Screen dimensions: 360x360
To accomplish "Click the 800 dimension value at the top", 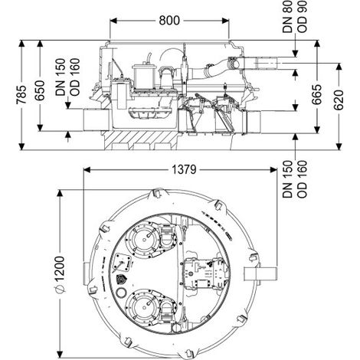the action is pos(169,21).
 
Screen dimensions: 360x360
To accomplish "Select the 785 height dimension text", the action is pos(21,95).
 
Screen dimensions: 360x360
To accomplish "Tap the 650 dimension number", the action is pos(40,90).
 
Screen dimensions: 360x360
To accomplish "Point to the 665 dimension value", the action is pos(316,94).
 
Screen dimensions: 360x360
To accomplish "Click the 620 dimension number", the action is pos(339,100).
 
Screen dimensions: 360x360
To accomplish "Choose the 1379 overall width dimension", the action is pos(184,169).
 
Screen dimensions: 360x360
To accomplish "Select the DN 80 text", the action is pos(287,17).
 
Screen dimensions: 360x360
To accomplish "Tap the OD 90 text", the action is pos(302,17).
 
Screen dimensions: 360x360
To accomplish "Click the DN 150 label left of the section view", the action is pos(61,77).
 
